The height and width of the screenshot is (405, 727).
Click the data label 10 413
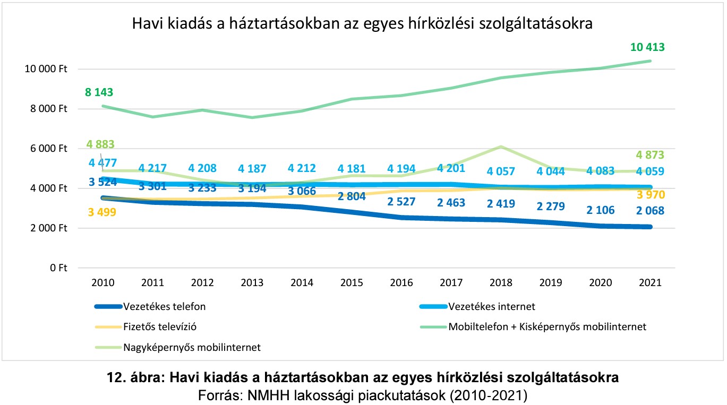pyautogui.click(x=647, y=47)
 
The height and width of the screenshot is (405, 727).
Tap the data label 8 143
pyautogui.click(x=99, y=92)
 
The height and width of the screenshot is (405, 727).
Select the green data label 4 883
pyautogui.click(x=100, y=144)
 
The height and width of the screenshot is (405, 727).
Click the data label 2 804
pyautogui.click(x=349, y=196)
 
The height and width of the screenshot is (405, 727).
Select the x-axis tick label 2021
pyautogui.click(x=651, y=283)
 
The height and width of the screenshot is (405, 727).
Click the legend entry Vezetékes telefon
pyautogui.click(x=164, y=306)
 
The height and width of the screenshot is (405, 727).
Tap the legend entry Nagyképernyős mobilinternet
pyautogui.click(x=192, y=348)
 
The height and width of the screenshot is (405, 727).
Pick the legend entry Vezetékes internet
pyautogui.click(x=492, y=306)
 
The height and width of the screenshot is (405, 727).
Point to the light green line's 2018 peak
pyautogui.click(x=500, y=147)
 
